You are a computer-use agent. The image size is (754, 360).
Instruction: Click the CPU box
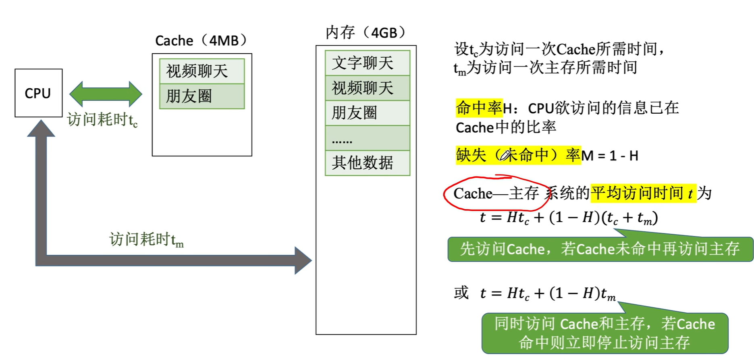[38, 93]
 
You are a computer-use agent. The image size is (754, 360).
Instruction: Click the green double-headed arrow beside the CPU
[106, 94]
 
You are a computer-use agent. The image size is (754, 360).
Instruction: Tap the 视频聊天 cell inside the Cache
[201, 71]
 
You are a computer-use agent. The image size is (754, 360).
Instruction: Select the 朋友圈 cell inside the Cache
[201, 96]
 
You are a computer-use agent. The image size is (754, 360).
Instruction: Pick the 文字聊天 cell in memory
[367, 63]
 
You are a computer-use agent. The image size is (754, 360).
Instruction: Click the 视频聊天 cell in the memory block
[367, 88]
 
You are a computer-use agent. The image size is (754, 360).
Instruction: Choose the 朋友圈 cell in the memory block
[367, 113]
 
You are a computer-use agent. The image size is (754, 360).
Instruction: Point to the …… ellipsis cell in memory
[367, 138]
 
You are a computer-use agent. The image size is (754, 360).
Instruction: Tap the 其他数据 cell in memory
[367, 163]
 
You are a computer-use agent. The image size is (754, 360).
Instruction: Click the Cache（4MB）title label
[201, 41]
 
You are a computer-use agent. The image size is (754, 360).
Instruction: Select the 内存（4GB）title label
[366, 33]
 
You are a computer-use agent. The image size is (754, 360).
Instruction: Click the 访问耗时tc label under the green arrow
[102, 120]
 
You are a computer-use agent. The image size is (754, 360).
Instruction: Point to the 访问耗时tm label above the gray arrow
[146, 239]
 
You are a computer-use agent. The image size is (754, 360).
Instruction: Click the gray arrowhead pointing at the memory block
[302, 260]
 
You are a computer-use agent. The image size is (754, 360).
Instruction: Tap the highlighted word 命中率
[479, 108]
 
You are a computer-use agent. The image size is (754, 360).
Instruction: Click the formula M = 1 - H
[610, 156]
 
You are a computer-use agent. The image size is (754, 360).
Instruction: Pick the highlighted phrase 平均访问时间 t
[643, 194]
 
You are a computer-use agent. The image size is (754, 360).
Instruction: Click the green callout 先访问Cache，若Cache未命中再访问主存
[600, 249]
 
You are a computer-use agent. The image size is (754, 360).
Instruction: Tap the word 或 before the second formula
[461, 293]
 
